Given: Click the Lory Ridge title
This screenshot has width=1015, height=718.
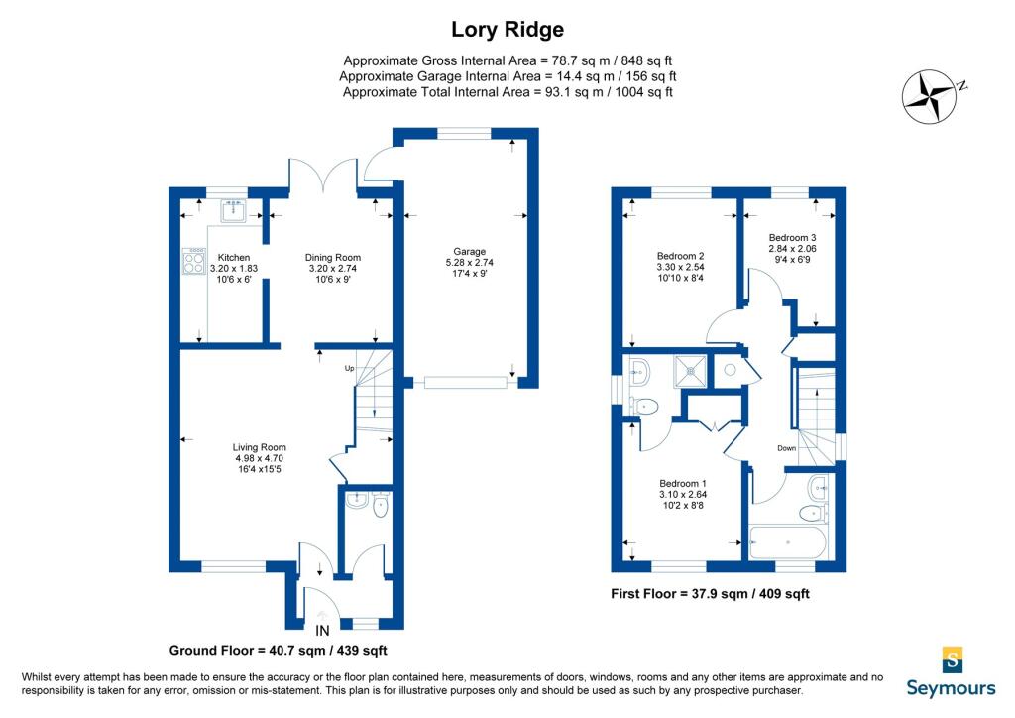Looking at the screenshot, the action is [x=507, y=29].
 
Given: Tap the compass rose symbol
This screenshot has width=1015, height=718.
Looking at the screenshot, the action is [x=930, y=96].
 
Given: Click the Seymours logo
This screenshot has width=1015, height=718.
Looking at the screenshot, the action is [x=951, y=672].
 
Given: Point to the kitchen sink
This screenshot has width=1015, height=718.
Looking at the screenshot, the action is [x=232, y=210].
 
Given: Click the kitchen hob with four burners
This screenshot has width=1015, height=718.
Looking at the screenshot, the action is [x=194, y=261].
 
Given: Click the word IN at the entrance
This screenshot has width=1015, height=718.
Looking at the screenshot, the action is [x=322, y=630].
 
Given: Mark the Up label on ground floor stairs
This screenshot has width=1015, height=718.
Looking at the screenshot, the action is [x=350, y=368].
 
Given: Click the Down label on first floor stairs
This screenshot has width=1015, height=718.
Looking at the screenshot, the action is [x=786, y=448].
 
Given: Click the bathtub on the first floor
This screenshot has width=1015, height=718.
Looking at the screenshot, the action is [x=788, y=541].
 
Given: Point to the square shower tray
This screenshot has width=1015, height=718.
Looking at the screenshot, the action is [x=690, y=370].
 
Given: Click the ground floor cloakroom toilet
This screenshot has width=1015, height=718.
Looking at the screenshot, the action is [x=381, y=505].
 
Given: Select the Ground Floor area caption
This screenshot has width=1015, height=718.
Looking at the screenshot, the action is [x=279, y=650].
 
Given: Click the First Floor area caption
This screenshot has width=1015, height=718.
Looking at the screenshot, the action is [x=710, y=594].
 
